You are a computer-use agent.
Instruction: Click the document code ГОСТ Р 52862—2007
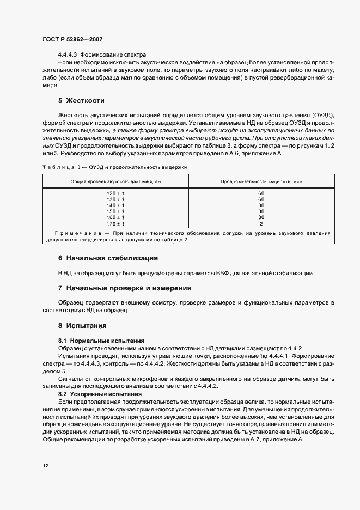point(72,40)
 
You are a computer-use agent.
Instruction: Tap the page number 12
point(46,466)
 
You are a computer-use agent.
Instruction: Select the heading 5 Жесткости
point(81,101)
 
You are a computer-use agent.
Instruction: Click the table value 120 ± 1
point(115,193)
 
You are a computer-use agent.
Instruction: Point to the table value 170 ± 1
point(115,223)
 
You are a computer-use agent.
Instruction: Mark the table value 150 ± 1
point(115,211)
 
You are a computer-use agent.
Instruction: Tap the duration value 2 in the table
point(261,223)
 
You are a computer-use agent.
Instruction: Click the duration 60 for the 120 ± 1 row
point(261,193)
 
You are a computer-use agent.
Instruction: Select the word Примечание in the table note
point(71,233)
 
